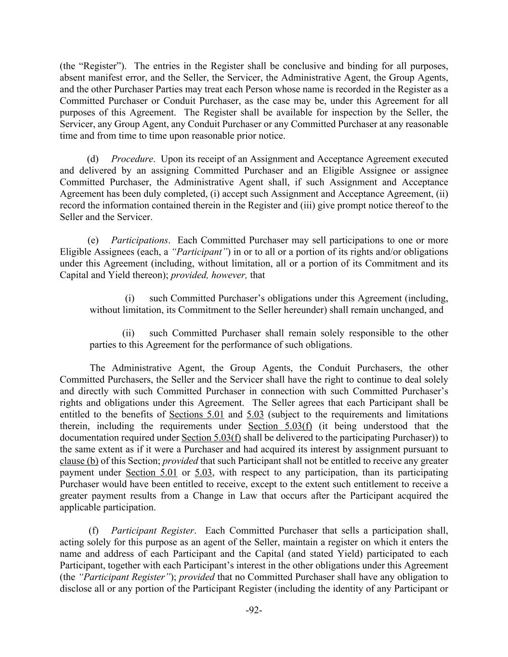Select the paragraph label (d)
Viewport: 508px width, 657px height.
coord(92,159)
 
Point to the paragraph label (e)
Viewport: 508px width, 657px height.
coord(93,240)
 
